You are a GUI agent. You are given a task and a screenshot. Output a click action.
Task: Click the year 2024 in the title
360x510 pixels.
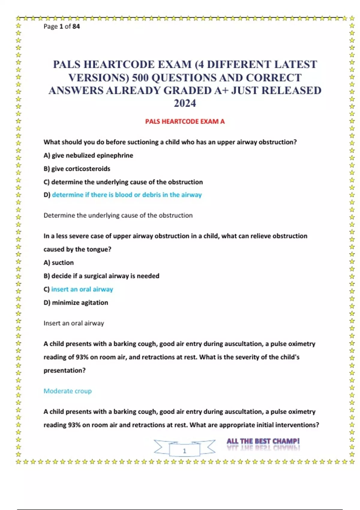coord(185,103)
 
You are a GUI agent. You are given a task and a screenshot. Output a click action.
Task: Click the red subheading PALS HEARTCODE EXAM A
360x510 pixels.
coord(185,121)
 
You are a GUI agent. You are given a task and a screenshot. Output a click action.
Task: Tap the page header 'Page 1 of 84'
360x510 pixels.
coord(62,26)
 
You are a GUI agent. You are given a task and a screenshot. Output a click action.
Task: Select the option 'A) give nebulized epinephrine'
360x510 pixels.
coord(88,155)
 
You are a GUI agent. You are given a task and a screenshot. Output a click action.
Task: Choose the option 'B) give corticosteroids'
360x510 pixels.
coord(77,169)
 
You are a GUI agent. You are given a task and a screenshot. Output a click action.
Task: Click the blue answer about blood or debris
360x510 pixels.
coord(127,195)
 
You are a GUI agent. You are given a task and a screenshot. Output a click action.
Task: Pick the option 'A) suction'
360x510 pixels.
coord(58,262)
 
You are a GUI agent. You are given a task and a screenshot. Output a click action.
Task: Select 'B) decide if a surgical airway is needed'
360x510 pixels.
coord(101,276)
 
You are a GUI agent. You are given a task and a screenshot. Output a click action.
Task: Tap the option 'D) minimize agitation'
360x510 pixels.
coord(76,302)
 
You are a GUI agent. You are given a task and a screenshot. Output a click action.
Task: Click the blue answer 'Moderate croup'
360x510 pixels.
coord(67,391)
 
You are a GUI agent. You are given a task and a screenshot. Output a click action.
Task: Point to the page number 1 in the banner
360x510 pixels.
coord(184,451)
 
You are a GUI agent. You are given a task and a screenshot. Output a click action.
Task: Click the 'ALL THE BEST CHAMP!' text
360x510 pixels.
coord(263,441)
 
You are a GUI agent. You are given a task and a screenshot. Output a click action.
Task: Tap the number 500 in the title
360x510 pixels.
coord(140,78)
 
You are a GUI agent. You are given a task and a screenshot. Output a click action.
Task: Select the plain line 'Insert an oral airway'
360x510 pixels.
coord(74,323)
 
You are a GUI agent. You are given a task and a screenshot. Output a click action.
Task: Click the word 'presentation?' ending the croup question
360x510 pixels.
coord(64,370)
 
